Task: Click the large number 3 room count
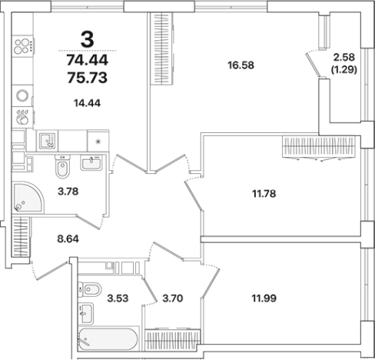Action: coord(88,40)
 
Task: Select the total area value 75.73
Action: coord(88,78)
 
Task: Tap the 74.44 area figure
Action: coord(88,61)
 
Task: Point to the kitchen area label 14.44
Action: coord(87,103)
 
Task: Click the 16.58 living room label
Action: coord(241,65)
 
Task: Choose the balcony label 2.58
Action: coord(344,57)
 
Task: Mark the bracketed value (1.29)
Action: coord(344,69)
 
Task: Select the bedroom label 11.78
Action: coord(264,194)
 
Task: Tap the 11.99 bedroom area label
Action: coord(264,298)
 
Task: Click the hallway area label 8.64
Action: coord(68,239)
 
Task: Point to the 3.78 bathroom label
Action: coord(68,192)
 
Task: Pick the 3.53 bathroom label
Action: coord(118,298)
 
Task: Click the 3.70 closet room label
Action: coord(173,298)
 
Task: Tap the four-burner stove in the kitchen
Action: coord(23,46)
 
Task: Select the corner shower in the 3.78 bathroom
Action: coord(28,197)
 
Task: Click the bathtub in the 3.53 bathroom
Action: coord(108,338)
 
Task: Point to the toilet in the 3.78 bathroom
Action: coord(62,166)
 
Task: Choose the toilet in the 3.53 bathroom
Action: coord(89,289)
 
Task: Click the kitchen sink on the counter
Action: coord(48,141)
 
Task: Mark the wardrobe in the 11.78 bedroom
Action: coord(319,147)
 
